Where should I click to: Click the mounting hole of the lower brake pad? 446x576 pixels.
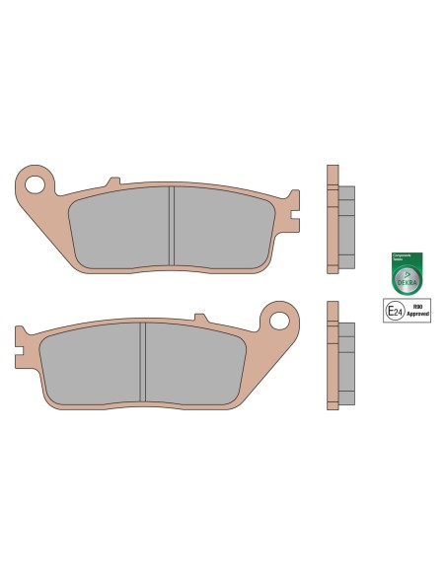(x=279, y=320)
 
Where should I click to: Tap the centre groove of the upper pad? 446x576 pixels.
(x=172, y=228)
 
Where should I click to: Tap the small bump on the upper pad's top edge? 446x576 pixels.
(x=113, y=182)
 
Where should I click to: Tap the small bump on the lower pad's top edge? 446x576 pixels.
(x=202, y=318)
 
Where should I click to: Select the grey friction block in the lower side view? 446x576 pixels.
(x=346, y=365)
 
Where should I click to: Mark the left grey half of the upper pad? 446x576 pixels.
(x=120, y=229)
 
